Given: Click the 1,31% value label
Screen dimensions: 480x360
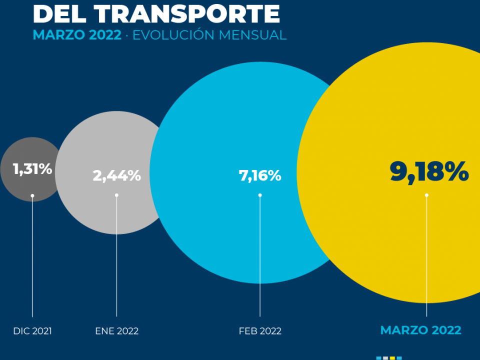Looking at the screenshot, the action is click(32, 169).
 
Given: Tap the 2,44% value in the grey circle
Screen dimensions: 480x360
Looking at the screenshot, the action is click(116, 175).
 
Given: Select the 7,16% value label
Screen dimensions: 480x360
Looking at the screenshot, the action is click(260, 175).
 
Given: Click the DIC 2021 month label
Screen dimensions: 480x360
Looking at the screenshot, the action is click(32, 331).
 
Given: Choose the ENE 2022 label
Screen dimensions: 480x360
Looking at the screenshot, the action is click(116, 331).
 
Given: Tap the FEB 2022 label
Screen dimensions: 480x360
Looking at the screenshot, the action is click(260, 331).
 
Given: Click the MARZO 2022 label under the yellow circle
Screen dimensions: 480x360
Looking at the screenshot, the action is click(420, 330).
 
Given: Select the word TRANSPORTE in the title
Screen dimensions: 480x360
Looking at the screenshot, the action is click(186, 14).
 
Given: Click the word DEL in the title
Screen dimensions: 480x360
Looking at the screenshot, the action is click(59, 14).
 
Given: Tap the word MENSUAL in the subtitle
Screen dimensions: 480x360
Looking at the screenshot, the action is click(252, 35).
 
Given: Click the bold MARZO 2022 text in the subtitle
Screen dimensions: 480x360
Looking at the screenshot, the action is click(77, 35).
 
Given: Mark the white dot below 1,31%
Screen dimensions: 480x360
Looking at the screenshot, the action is click(32, 195).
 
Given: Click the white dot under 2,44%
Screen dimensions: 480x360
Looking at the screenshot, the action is click(116, 195).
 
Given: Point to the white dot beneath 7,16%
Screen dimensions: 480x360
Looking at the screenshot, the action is click(260, 195).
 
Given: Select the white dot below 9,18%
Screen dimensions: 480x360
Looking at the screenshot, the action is click(426, 195).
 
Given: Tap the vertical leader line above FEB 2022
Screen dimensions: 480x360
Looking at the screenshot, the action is click(260, 256).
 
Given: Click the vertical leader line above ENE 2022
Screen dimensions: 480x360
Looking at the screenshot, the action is click(116, 256).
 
